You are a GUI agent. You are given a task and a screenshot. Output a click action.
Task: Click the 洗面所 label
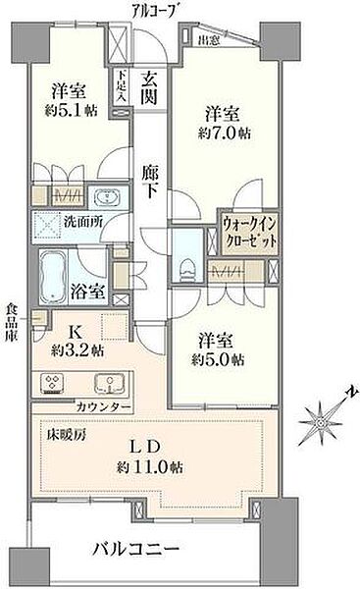tap(82, 222)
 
